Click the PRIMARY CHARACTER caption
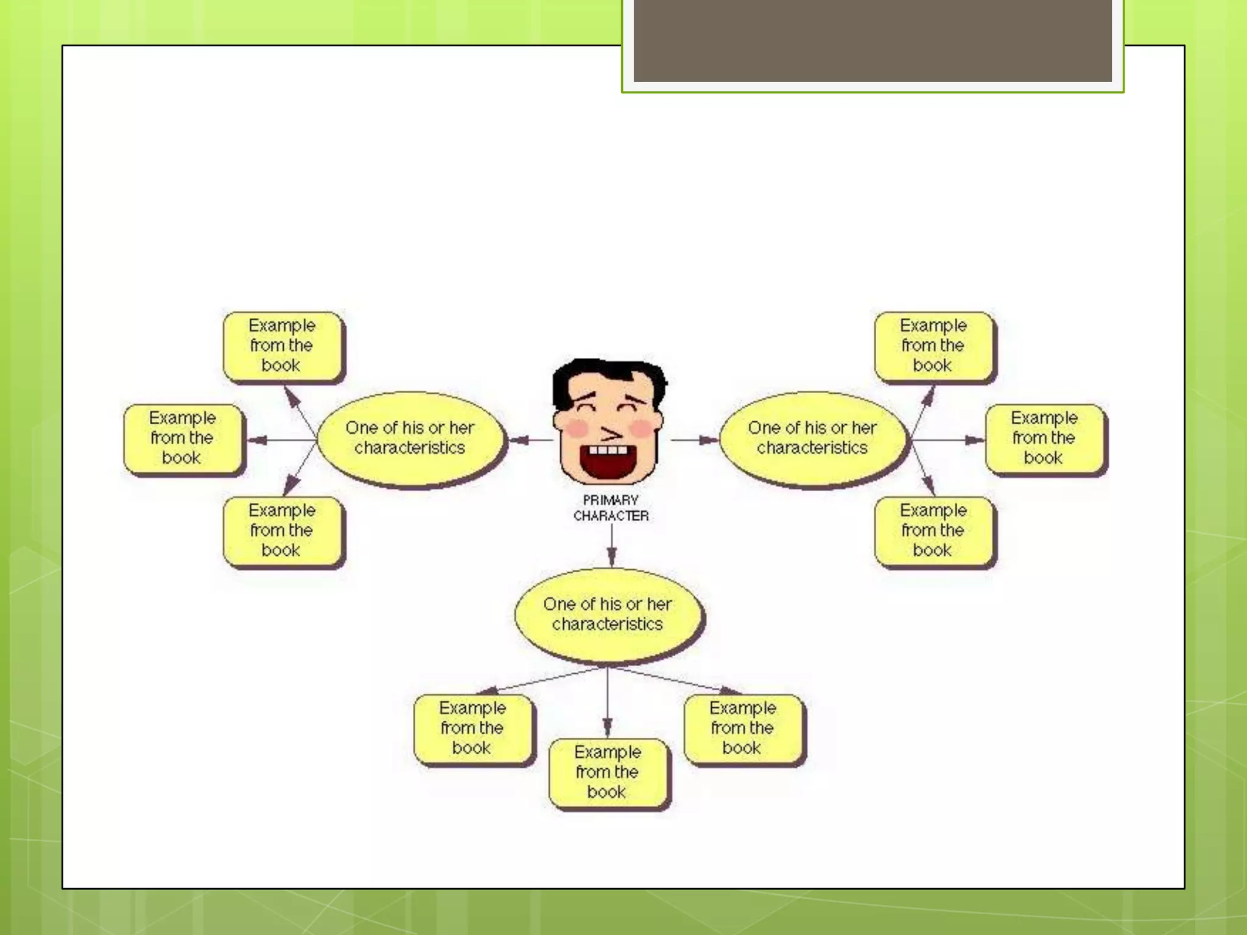tap(611, 508)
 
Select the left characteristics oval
tap(410, 438)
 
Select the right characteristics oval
tap(812, 438)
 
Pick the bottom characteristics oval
tap(608, 614)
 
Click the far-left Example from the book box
tap(183, 438)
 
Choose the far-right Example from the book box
tap(1044, 438)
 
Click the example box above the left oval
tap(282, 345)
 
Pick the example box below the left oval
tap(282, 530)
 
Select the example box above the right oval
tap(933, 345)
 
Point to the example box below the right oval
tap(933, 530)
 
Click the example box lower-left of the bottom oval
tap(472, 728)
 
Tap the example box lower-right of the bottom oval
tap(743, 728)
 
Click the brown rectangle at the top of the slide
tap(872, 40)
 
